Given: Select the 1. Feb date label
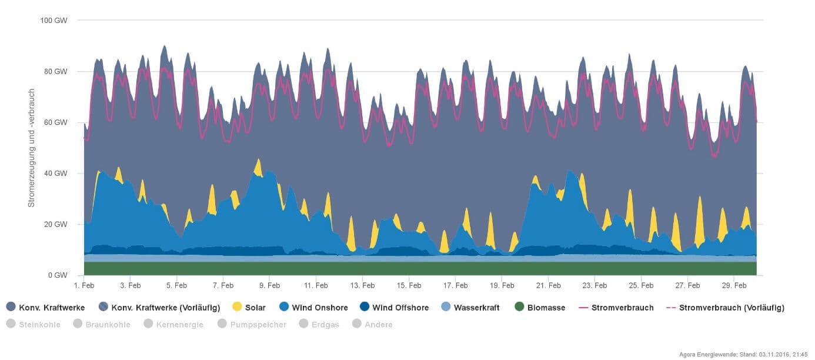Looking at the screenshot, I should pos(84,286).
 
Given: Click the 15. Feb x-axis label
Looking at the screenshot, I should pos(409,286).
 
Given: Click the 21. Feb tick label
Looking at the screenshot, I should pos(548,286).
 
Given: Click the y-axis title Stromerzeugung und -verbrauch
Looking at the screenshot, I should pos(32,148).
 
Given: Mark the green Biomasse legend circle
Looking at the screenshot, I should pos(519,307).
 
